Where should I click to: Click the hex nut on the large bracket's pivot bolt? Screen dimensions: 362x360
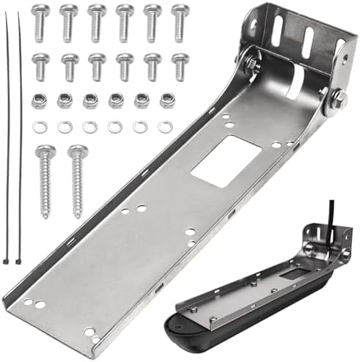point(339,100)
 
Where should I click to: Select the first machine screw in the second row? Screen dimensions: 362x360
point(41,66)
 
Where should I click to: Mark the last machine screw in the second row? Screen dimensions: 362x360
point(180,66)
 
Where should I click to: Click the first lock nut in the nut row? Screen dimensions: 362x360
point(39,101)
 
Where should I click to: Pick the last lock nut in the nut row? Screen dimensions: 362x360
point(168,101)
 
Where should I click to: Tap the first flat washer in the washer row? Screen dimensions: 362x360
point(39,127)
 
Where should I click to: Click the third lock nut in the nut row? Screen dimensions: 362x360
point(90,101)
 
